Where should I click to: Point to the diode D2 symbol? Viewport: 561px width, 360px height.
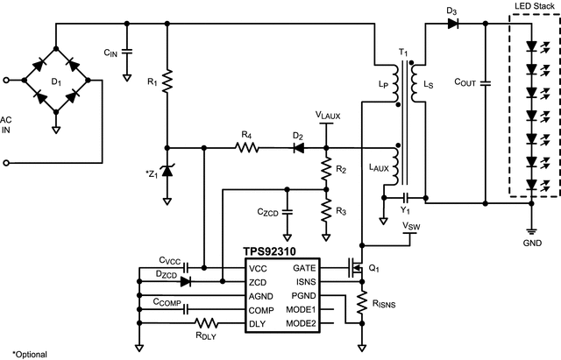(298, 148)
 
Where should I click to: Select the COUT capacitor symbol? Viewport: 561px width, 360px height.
(485, 83)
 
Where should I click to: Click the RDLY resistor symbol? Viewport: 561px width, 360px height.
(206, 324)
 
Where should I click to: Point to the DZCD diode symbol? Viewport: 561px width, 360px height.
(185, 282)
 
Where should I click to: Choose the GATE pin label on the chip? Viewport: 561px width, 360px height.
(304, 268)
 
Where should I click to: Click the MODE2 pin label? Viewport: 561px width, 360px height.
(301, 324)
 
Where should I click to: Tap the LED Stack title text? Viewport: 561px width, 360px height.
(531, 7)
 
